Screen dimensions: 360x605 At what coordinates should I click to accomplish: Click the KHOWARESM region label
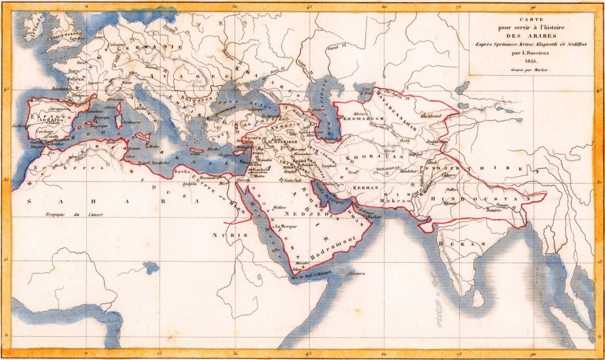[x=360, y=118]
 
